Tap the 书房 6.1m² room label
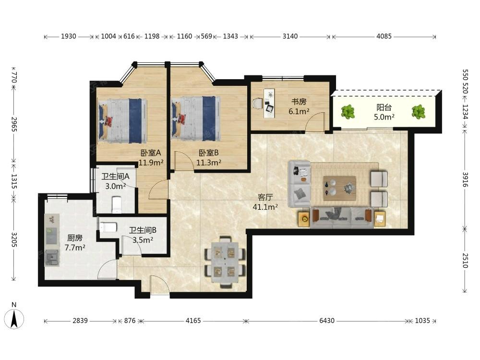[x=299, y=107]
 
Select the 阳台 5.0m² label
[x=384, y=112]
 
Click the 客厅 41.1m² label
[x=265, y=202]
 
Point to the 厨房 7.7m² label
[x=75, y=242]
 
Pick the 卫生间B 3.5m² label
[x=143, y=235]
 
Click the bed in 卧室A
[x=122, y=121]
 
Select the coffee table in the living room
[x=339, y=188]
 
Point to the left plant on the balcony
[x=348, y=112]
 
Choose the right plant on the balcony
[x=418, y=112]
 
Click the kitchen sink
[x=52, y=258]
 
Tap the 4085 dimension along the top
[x=384, y=36]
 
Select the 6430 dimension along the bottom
[x=327, y=321]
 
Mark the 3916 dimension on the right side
[x=465, y=180]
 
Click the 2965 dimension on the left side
[x=14, y=124]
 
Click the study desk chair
[x=257, y=104]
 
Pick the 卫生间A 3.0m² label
[x=115, y=181]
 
